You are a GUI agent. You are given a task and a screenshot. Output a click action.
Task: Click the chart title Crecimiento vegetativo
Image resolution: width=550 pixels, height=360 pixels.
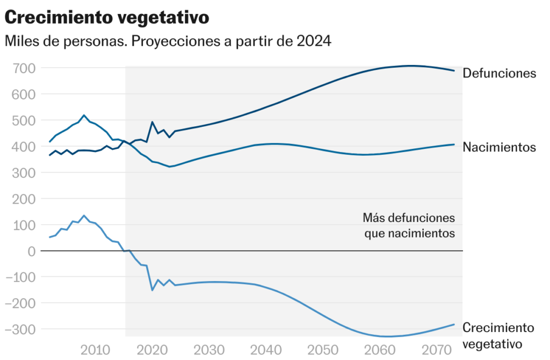coord(106,17)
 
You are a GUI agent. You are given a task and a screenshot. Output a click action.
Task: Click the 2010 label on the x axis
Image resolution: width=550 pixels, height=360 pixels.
coord(96,350)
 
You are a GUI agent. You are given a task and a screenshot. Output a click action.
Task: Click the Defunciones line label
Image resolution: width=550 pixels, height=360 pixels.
coord(499,73)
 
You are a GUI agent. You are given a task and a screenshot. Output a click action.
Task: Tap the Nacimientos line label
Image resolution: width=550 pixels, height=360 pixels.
coord(499,147)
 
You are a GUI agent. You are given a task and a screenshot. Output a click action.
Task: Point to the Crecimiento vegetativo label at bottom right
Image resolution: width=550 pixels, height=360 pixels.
coord(498,336)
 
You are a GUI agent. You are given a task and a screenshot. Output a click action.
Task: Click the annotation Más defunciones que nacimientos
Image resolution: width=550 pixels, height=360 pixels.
coord(409,226)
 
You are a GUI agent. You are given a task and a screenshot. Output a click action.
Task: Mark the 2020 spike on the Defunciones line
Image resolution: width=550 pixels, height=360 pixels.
coord(152,122)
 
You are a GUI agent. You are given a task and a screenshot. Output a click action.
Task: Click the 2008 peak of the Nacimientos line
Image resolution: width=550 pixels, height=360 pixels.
coord(84,115)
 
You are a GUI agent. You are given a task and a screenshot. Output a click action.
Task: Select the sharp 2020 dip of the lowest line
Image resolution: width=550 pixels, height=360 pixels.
coord(152,290)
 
